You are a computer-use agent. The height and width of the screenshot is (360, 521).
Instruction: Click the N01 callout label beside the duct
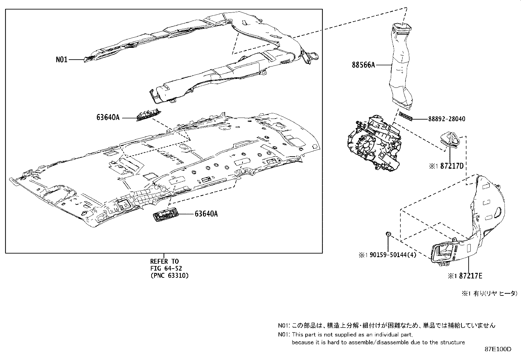[x=61, y=60]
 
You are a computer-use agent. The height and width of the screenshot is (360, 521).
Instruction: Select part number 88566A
[x=363, y=65]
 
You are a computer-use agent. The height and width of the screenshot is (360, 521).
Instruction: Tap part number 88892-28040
[x=446, y=119]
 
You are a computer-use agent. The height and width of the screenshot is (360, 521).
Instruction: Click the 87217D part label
[x=452, y=166]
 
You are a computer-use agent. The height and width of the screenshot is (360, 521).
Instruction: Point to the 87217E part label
[x=470, y=276]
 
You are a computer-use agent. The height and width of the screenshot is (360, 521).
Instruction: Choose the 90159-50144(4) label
[x=391, y=255]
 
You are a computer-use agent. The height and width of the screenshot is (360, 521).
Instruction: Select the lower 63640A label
[x=206, y=214]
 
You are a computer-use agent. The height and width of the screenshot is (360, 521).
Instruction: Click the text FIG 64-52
[x=166, y=268]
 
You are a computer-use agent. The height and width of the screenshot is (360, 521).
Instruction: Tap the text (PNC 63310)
[x=169, y=275]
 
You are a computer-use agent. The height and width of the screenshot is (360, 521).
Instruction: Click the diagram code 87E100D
[x=498, y=349]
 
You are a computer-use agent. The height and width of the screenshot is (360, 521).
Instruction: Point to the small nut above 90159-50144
[x=388, y=234]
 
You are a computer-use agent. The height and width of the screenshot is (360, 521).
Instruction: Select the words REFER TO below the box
[x=165, y=261]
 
